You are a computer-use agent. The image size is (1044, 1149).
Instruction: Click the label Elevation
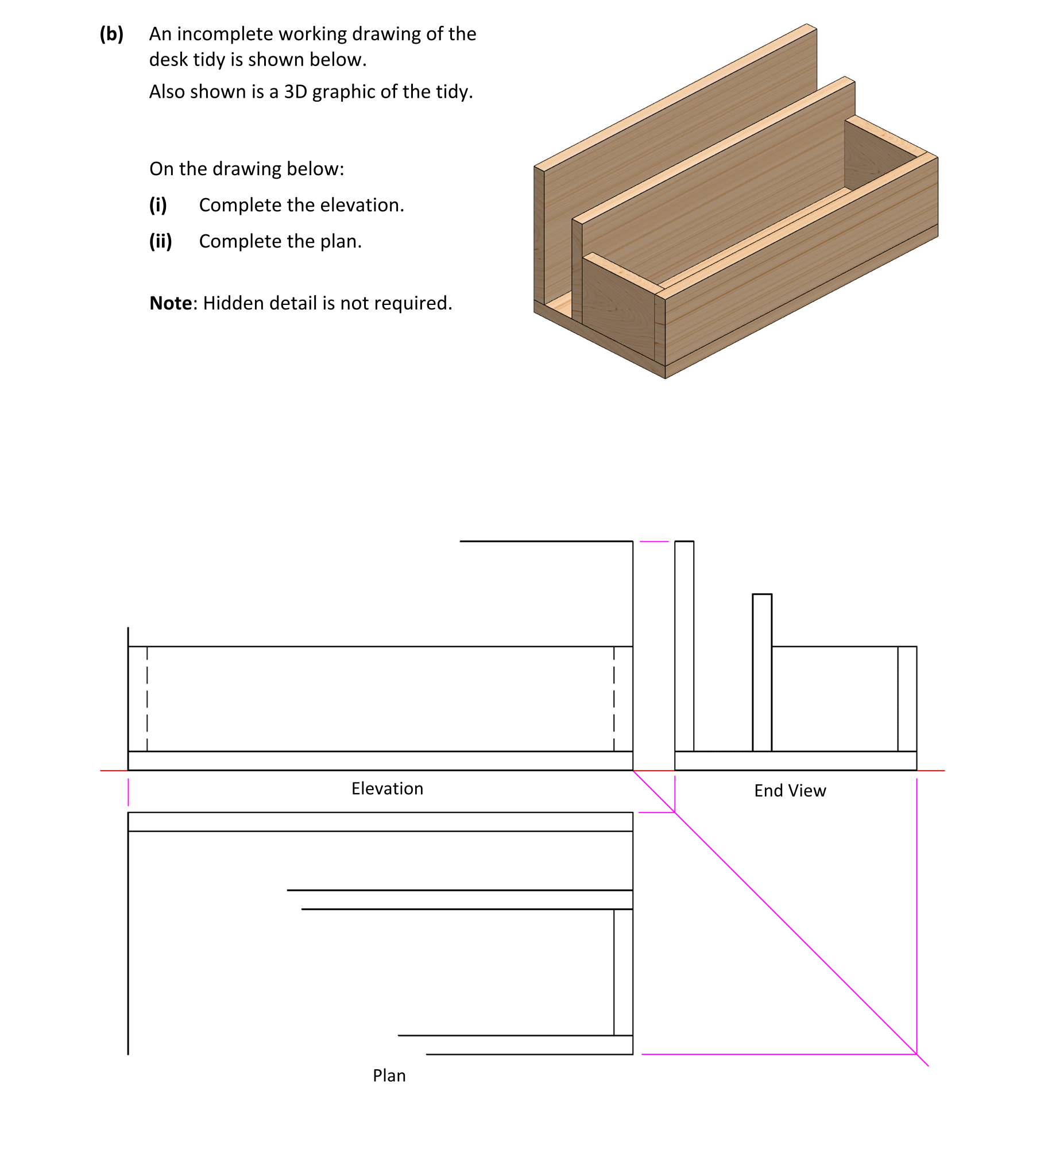(387, 788)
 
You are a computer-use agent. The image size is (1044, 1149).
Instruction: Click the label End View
(790, 791)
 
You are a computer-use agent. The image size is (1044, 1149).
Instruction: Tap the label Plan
(389, 1076)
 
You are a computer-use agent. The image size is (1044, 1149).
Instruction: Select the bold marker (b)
(111, 34)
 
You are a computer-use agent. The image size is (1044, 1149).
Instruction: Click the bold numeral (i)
(158, 205)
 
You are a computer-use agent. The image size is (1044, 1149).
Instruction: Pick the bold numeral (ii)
(160, 241)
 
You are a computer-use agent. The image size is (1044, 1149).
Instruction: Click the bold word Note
(171, 303)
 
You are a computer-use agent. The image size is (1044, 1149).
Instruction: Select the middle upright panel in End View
(762, 672)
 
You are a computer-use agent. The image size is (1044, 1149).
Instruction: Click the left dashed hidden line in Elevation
(147, 698)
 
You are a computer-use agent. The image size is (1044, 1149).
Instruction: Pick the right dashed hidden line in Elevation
(614, 698)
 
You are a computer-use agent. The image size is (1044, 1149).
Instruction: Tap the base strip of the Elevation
(379, 761)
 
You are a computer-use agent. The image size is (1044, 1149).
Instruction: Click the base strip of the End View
(795, 761)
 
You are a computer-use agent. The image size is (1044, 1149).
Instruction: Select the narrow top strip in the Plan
(379, 822)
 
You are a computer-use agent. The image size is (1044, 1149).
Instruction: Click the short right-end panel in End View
(907, 698)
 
